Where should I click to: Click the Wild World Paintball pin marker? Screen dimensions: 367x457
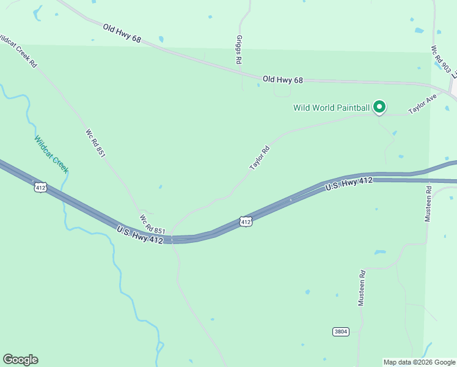[379, 107]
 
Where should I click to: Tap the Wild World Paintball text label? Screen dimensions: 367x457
[331, 108]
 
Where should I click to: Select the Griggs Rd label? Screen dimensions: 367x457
[239, 50]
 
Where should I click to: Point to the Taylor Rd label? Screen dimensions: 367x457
[259, 158]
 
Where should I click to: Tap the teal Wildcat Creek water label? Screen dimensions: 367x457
[51, 154]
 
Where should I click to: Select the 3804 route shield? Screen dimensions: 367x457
[341, 332]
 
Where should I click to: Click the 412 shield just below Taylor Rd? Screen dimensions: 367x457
[246, 221]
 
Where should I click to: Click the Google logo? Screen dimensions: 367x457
[20, 360]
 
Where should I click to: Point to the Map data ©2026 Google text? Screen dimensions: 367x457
[419, 362]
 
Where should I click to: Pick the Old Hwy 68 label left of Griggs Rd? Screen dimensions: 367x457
[122, 34]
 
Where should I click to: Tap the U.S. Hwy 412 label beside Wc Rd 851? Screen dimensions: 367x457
[140, 234]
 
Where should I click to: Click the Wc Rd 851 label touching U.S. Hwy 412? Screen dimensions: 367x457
[152, 223]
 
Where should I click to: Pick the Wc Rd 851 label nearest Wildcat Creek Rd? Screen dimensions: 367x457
[95, 143]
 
